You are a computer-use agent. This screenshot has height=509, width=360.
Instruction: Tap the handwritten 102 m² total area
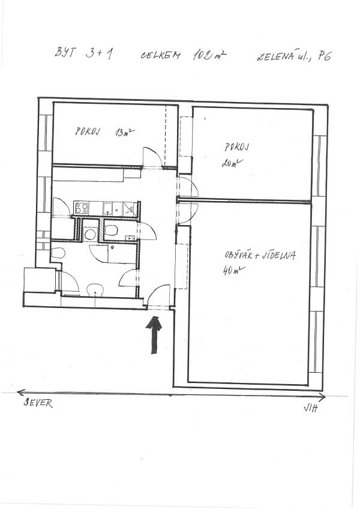coord(209,55)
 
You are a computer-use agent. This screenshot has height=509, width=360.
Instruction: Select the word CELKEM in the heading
coord(160,55)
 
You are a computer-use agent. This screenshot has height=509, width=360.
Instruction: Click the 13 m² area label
coord(125,132)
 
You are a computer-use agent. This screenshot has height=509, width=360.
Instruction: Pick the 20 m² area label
coord(232,163)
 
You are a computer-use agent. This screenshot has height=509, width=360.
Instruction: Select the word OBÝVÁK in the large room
coord(238,254)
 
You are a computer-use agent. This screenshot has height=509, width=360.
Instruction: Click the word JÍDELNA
coord(280,256)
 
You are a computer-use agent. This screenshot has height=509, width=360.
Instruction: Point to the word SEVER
coord(38,403)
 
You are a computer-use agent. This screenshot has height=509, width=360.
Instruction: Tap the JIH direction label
coord(311,408)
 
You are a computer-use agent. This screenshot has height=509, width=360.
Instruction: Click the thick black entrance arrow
coord(154,335)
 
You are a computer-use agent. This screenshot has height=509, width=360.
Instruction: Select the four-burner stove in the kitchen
coord(82,208)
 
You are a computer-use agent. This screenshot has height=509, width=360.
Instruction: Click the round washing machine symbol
coord(90,233)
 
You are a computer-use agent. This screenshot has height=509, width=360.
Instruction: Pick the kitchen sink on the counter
coord(108,209)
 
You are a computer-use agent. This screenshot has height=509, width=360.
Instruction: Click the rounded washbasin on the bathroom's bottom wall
coord(95,289)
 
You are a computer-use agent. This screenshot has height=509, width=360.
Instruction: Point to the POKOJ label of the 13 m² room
coord(88,131)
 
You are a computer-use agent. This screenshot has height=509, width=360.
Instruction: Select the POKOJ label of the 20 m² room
coord(237,147)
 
